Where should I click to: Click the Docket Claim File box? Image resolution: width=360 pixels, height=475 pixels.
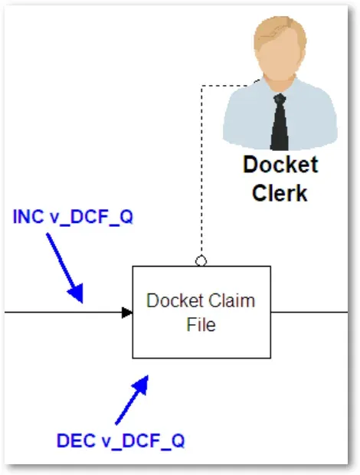coord(201,312)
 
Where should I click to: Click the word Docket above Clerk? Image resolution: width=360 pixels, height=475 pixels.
coord(280,165)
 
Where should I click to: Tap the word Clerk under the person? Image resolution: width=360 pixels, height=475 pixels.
coord(280,192)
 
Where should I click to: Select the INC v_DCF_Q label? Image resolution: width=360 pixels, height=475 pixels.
coord(73,217)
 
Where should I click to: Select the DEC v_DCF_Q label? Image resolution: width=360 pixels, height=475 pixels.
coord(120,441)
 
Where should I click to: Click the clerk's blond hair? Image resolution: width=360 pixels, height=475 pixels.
coord(280,32)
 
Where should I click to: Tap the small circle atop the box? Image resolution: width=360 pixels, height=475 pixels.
coord(201,260)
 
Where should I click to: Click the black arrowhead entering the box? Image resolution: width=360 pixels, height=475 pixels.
coord(127,313)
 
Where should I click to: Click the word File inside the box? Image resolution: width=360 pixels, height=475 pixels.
coord(201,324)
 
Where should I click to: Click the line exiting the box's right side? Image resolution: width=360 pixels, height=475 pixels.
coord(309,313)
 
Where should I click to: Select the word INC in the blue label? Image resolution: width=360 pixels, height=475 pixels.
coord(28,217)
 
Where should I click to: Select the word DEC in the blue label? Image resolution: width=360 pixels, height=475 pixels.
coord(76,441)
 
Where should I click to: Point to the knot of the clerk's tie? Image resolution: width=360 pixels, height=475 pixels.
coord(280,99)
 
